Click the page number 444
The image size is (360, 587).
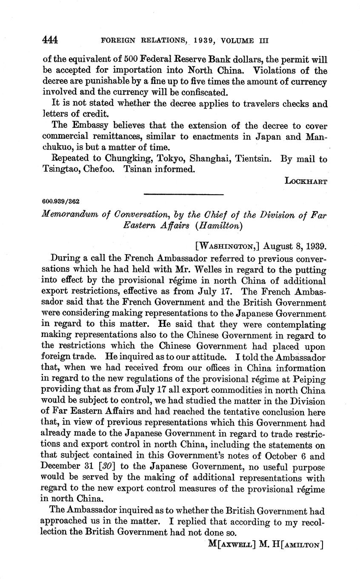[x=50, y=40]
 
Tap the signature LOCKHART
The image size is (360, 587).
[x=306, y=181]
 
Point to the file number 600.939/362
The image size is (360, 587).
[x=61, y=201]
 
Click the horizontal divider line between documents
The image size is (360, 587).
[x=184, y=195]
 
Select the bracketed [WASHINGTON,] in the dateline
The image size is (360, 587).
[x=227, y=246]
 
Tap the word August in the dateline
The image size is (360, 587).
[x=278, y=246]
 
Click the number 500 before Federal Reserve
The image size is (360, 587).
[x=140, y=59]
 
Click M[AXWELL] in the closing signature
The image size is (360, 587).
[x=231, y=544]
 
